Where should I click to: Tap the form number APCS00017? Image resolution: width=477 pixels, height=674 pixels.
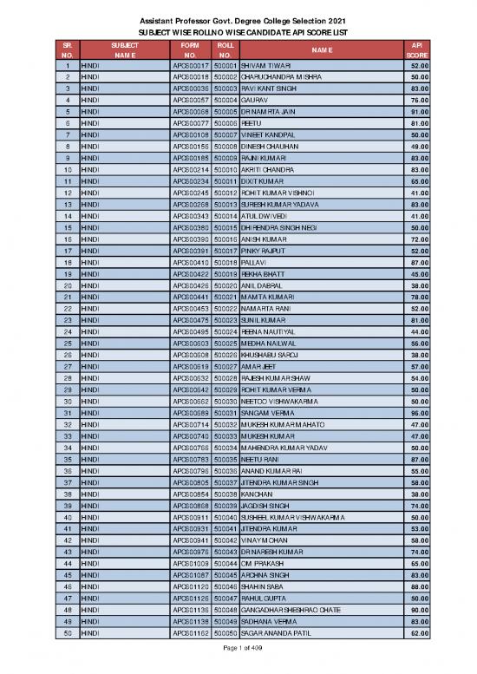[x=192, y=65]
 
